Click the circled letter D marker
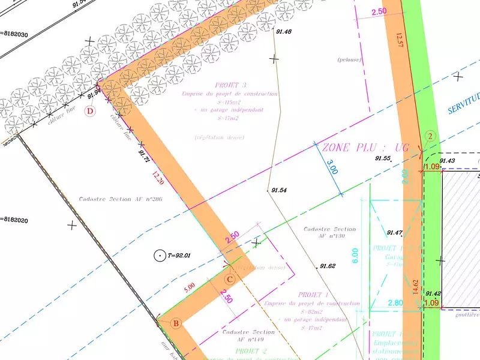(91, 111)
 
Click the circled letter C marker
(230, 278)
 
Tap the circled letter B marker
(176, 324)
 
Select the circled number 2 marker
(430, 136)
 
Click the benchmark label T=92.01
(179, 256)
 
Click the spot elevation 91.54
(279, 190)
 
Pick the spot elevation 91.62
(328, 266)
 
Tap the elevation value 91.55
(383, 158)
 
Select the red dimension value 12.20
(158, 178)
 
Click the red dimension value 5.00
(189, 287)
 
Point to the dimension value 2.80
(395, 304)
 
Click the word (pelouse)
(349, 60)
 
